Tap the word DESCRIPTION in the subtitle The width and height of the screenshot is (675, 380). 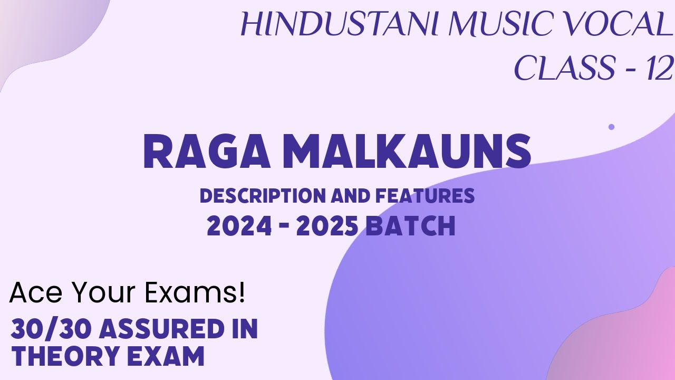pos(263,196)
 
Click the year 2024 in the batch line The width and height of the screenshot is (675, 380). pos(239,226)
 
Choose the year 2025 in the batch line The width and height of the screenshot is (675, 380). pos(328,226)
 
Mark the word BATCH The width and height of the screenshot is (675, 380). pos(410,226)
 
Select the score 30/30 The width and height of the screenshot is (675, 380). pos(51,329)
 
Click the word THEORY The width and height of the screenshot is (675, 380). pos(66,357)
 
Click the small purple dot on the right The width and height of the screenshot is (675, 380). pos(611,127)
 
